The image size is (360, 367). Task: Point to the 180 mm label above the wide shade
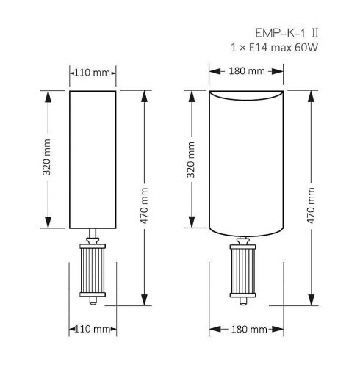(x=246, y=72)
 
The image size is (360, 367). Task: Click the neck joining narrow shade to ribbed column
(x=93, y=236)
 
